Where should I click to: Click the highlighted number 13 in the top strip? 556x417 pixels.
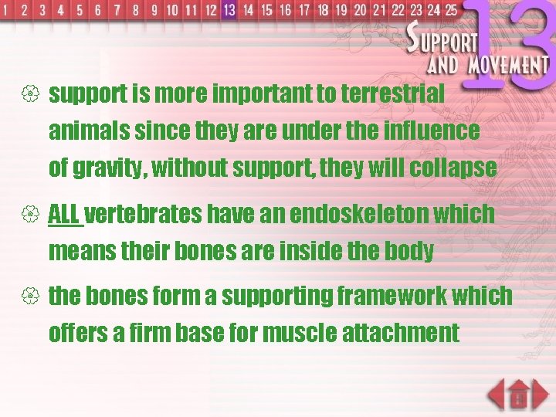(229, 10)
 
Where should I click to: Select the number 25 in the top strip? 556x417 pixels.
(450, 10)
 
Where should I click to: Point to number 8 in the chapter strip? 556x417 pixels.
(136, 11)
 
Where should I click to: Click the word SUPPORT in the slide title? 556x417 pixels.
(443, 39)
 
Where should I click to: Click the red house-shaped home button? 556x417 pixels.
(520, 395)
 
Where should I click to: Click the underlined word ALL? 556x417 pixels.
(64, 214)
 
